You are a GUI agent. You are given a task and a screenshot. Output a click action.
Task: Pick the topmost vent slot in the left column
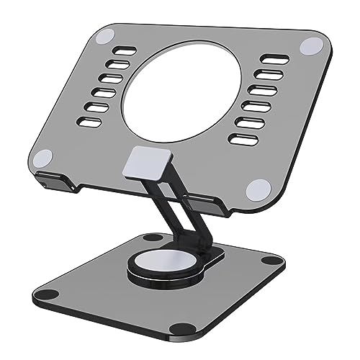click(x=127, y=52)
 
